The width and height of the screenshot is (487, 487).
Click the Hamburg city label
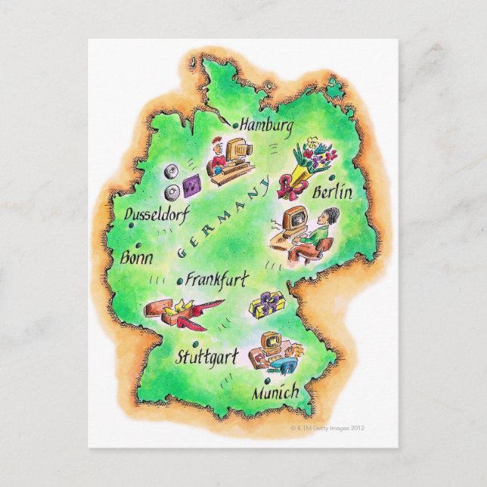point(265,127)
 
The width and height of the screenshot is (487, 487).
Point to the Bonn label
point(136,257)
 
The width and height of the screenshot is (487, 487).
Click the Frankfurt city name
point(216,281)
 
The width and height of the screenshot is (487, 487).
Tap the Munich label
point(276,393)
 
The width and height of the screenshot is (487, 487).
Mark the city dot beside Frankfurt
point(178,281)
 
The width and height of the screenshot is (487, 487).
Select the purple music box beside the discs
point(191,184)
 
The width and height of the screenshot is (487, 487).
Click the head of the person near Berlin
point(321,219)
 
